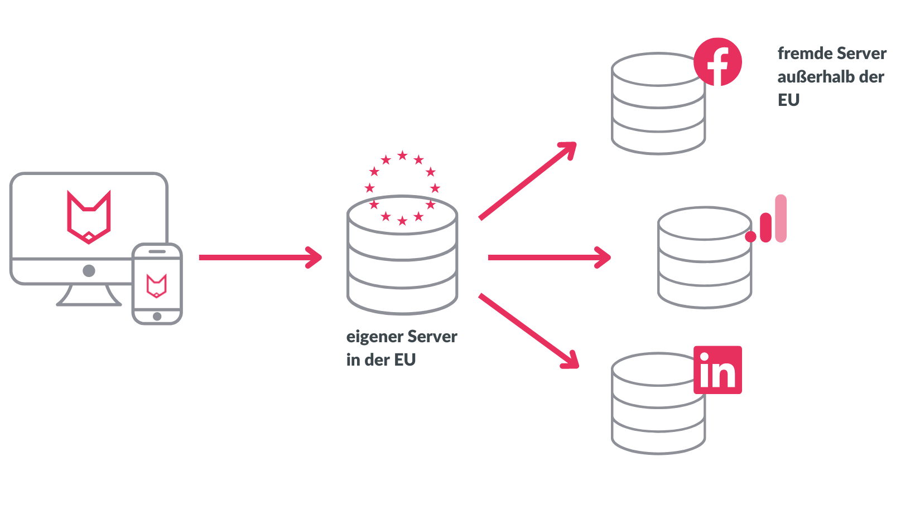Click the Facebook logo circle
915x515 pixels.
717,62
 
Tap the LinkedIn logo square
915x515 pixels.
717,370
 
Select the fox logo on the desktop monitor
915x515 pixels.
89,217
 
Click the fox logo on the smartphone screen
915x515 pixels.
157,285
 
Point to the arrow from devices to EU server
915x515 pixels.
260,257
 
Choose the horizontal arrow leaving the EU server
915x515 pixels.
549,257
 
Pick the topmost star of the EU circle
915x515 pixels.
402,156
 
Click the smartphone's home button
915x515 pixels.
157,317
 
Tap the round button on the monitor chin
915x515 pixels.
89,271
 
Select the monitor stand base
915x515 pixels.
89,302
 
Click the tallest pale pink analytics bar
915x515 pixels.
781,218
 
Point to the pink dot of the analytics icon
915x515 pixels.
751,237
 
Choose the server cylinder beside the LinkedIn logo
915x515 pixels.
658,407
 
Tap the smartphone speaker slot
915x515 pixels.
157,251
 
